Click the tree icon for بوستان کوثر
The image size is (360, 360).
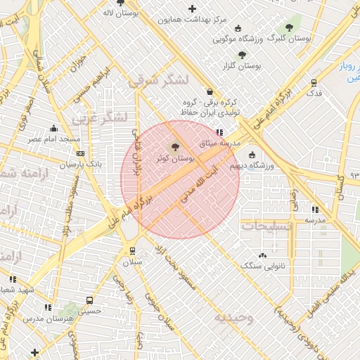tap(175, 147)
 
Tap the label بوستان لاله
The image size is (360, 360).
tap(120, 13)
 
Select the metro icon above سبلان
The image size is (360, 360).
tap(132, 251)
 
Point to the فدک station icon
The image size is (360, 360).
tap(314, 82)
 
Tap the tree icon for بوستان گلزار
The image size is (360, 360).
tap(243, 54)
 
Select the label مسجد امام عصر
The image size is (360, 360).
tap(53, 139)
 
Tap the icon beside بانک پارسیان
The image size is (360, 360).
tap(81, 153)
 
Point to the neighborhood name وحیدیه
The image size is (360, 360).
tap(233, 317)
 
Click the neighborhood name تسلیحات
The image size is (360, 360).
tap(266, 226)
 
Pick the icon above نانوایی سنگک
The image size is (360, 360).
tap(262, 256)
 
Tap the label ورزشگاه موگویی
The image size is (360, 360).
tap(238, 39)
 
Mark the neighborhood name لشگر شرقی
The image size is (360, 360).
tap(158, 80)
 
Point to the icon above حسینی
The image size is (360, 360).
tap(88, 297)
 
